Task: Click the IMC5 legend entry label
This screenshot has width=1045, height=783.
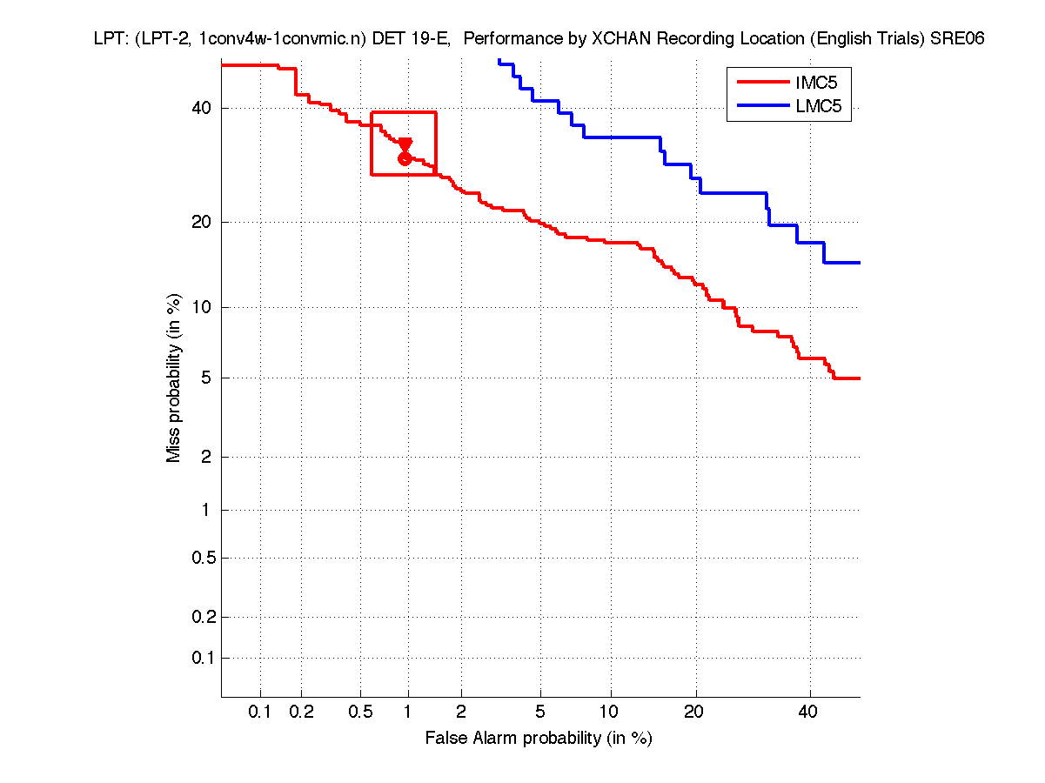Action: tap(809, 83)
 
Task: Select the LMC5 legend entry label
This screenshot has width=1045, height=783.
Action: tap(810, 108)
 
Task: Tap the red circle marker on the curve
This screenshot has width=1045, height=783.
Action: tap(405, 158)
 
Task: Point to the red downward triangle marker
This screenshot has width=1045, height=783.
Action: tap(405, 144)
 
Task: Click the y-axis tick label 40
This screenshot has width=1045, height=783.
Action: tap(202, 109)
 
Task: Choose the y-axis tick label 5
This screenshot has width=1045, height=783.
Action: tap(206, 378)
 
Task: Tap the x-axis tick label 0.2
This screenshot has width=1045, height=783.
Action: tap(302, 713)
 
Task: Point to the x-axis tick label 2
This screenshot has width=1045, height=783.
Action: tap(461, 713)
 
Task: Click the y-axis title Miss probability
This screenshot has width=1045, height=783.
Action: tap(175, 378)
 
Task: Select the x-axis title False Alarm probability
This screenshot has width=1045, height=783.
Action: tap(539, 739)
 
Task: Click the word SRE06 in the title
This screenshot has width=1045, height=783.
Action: tap(957, 39)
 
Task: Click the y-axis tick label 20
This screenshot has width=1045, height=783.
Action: tap(202, 222)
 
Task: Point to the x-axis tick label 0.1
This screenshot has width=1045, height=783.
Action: tap(260, 713)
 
